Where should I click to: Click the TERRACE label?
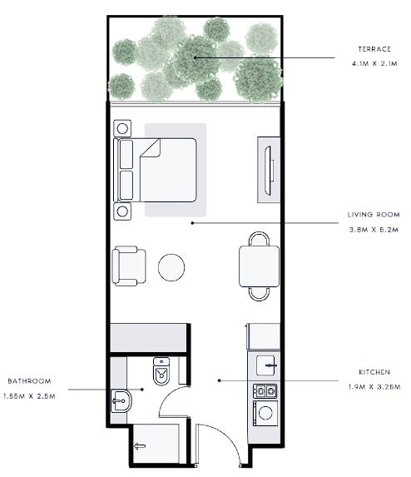tap(374, 49)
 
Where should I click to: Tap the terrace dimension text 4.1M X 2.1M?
tap(374, 63)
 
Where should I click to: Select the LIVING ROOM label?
tap(374, 215)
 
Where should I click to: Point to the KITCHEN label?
tap(374, 372)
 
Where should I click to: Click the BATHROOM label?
tap(29, 381)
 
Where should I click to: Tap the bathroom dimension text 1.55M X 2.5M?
tap(29, 396)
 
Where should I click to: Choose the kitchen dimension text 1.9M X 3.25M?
tap(374, 387)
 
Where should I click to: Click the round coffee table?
tap(171, 267)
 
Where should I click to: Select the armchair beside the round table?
tap(129, 266)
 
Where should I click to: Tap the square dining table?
tap(259, 266)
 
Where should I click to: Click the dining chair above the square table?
tap(259, 239)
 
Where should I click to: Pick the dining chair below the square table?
tap(259, 294)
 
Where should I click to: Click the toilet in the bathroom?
tap(161, 371)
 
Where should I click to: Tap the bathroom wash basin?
tap(121, 401)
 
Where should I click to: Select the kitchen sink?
tap(266, 365)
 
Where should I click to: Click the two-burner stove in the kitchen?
tap(265, 391)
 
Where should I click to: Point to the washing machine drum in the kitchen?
tap(265, 413)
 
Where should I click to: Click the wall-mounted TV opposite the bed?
tap(268, 171)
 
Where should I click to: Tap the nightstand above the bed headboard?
tap(122, 128)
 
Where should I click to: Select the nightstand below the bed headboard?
tap(122, 211)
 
